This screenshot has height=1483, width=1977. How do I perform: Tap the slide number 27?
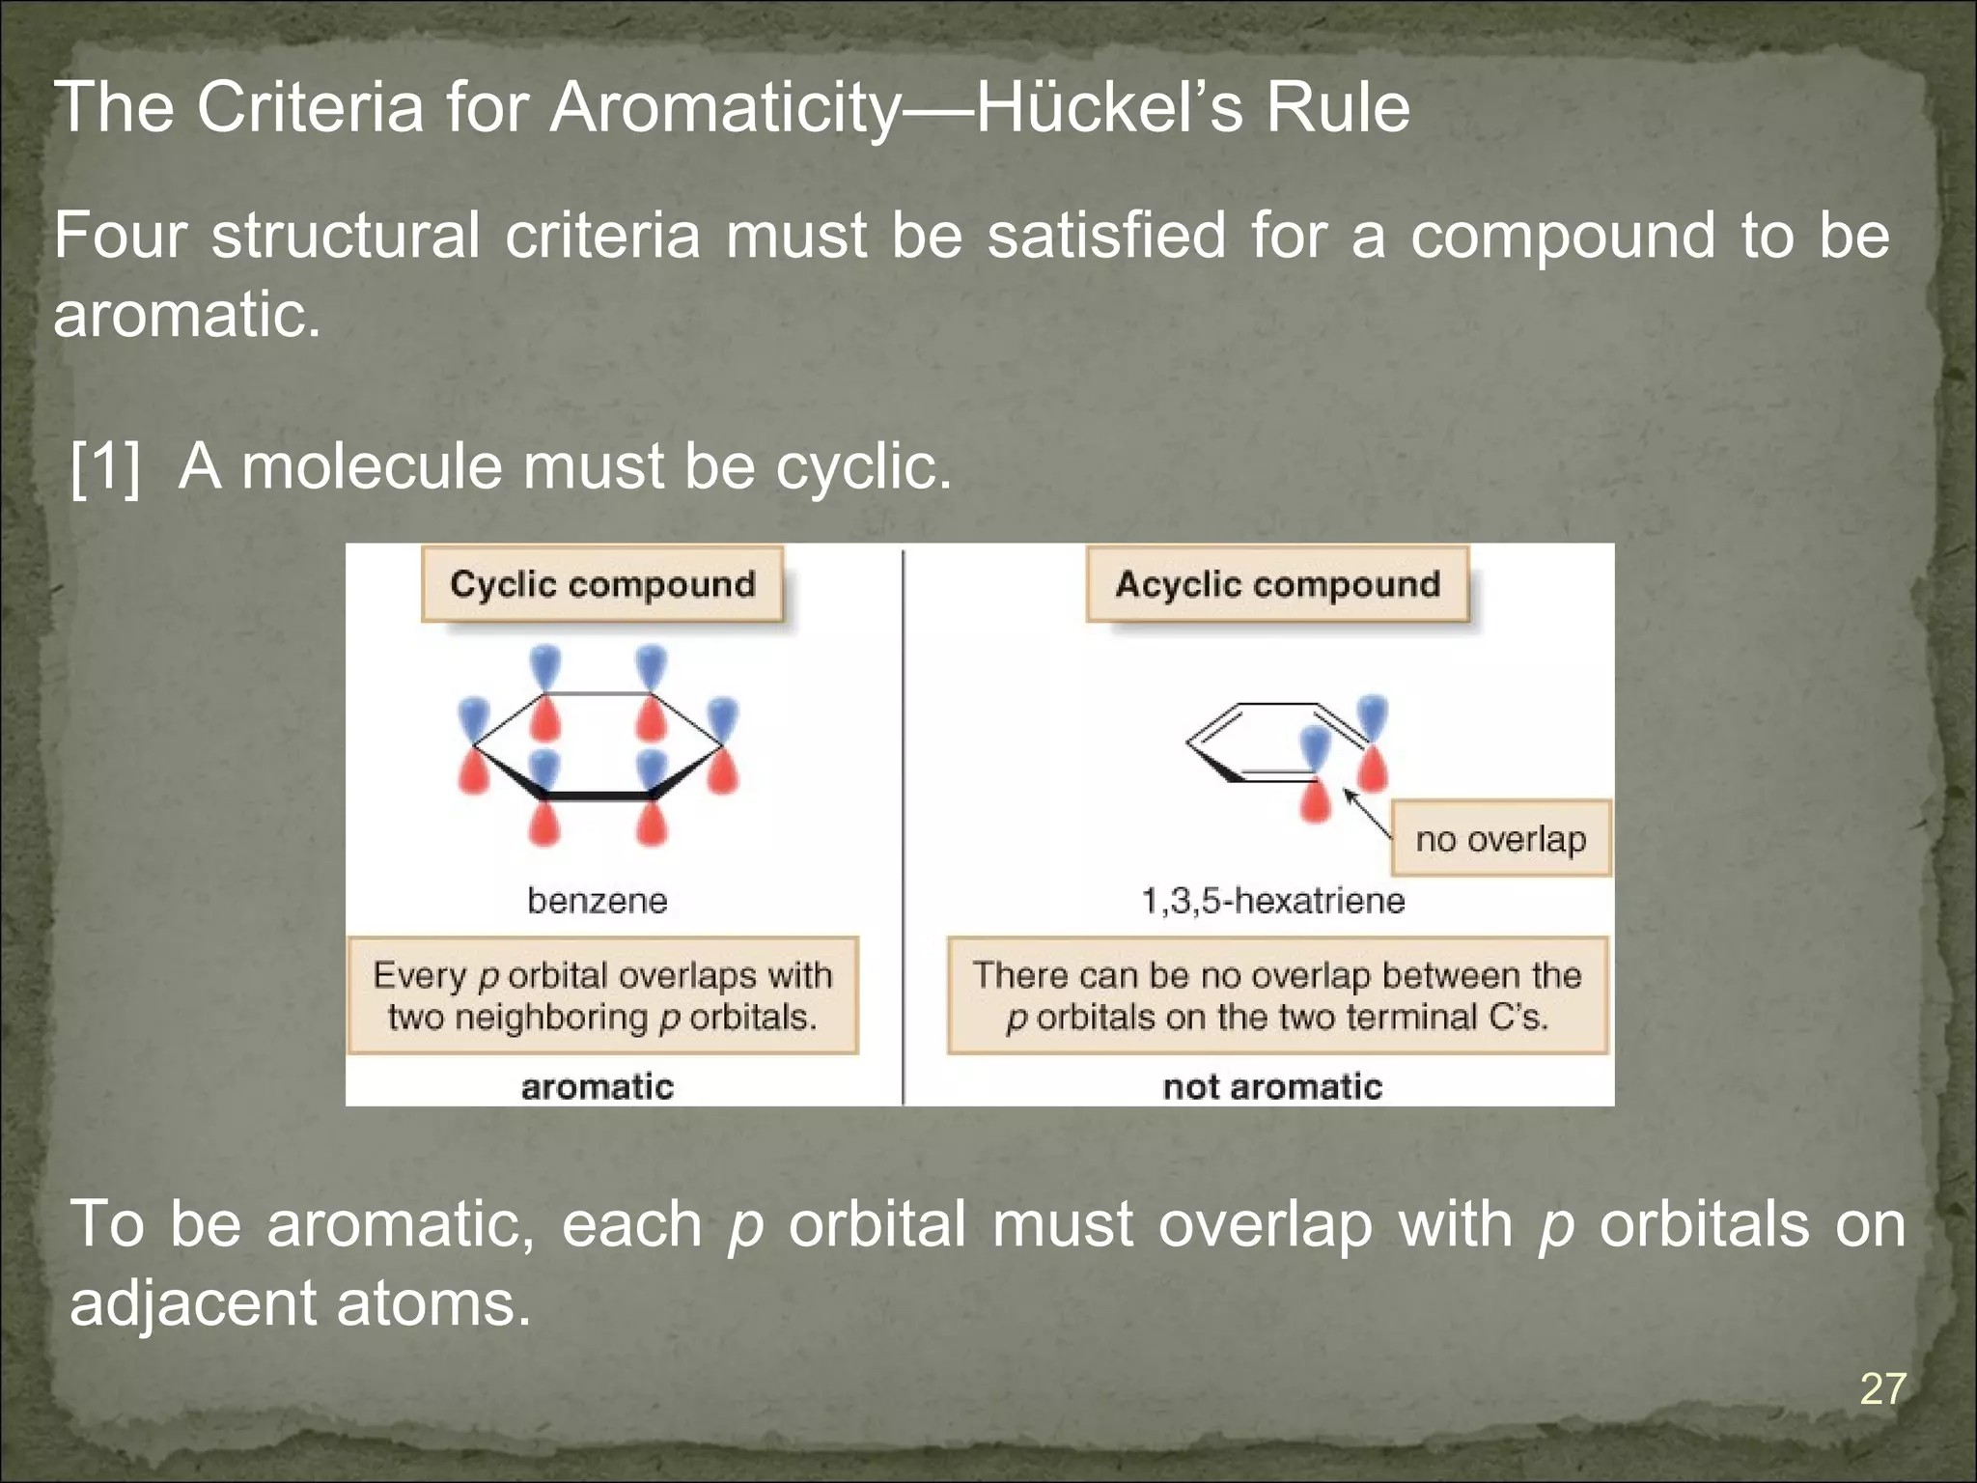click(1882, 1389)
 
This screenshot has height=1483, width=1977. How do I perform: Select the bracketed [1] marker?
click(105, 466)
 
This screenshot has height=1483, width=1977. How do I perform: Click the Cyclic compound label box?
click(602, 584)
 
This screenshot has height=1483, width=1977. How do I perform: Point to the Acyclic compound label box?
click(1277, 584)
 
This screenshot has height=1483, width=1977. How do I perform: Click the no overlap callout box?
click(1501, 838)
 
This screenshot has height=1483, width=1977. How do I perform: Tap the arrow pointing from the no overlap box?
click(1367, 814)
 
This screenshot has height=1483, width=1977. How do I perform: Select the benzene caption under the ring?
click(598, 901)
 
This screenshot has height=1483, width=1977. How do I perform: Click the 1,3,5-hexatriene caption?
click(1272, 901)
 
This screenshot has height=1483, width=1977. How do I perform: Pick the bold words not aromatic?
click(1272, 1087)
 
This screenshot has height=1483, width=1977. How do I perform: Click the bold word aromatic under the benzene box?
click(598, 1087)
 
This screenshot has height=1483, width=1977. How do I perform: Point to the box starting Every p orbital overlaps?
click(602, 995)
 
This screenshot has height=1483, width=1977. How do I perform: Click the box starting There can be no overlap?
click(1277, 995)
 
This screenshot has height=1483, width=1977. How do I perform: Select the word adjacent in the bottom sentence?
click(191, 1303)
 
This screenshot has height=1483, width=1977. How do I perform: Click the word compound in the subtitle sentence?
click(1563, 236)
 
